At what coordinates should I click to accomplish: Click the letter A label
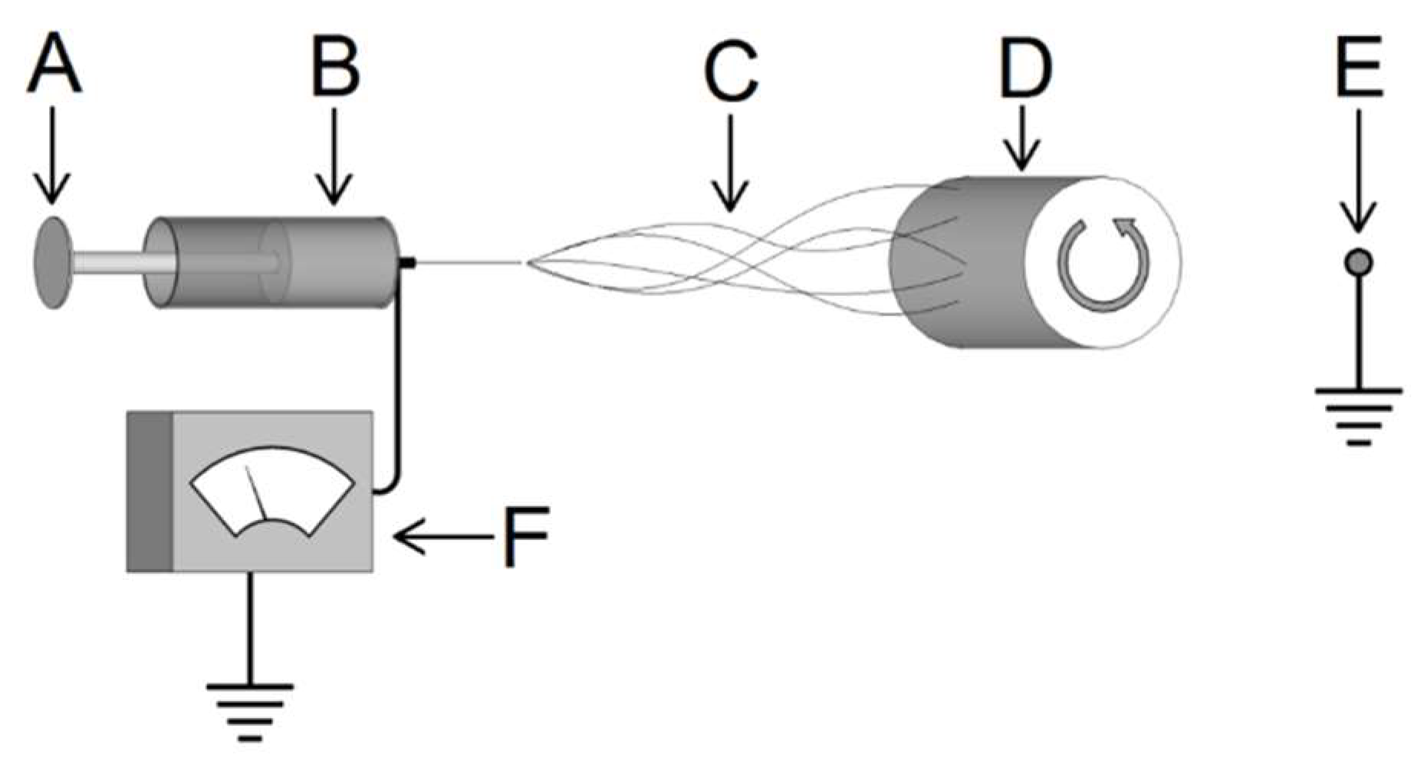[53, 67]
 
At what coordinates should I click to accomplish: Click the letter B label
[335, 67]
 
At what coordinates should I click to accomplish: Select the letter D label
[1025, 67]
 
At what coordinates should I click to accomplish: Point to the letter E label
[1358, 67]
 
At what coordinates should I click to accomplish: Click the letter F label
[526, 535]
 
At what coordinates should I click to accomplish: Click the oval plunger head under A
[51, 262]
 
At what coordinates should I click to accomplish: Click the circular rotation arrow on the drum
[1103, 264]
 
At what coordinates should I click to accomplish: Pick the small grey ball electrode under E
[1358, 263]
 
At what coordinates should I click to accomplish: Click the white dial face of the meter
[271, 491]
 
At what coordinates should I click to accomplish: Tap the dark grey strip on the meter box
[150, 492]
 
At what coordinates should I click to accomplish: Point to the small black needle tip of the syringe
[408, 263]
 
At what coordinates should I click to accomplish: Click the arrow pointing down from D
[1022, 138]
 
